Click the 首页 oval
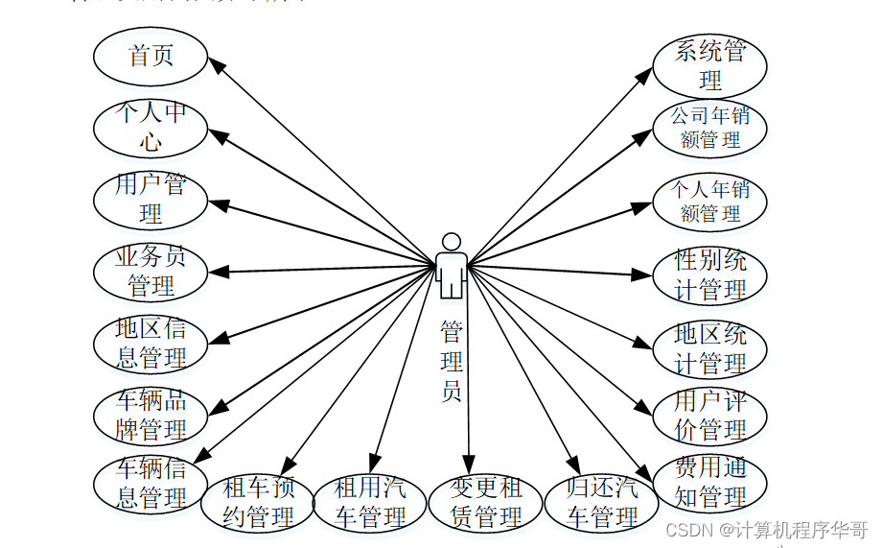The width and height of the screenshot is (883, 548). coord(151,56)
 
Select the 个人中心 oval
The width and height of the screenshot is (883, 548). coord(151,128)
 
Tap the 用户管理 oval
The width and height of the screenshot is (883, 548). coord(151,199)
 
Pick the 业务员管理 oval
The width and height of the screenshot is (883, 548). coord(151,272)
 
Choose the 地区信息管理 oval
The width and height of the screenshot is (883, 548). coord(151,344)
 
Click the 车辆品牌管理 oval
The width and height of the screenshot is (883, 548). coord(151,415)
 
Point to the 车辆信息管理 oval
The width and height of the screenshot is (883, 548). coord(151,484)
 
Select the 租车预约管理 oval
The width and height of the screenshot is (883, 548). coord(258,503)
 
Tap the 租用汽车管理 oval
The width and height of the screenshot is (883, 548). coord(370,503)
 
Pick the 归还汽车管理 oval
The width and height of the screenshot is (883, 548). coord(601,503)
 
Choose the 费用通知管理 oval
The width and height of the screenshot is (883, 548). coord(709,483)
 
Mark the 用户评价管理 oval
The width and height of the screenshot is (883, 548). coord(709,414)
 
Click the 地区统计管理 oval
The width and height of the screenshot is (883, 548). coord(709,349)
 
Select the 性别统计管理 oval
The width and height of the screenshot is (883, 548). coord(709,275)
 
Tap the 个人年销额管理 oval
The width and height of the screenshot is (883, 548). coord(709,202)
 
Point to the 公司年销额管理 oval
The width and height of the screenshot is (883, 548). coord(709,128)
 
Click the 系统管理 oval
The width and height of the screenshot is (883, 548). coord(709,65)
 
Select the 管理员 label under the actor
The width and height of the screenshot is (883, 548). coord(452,361)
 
